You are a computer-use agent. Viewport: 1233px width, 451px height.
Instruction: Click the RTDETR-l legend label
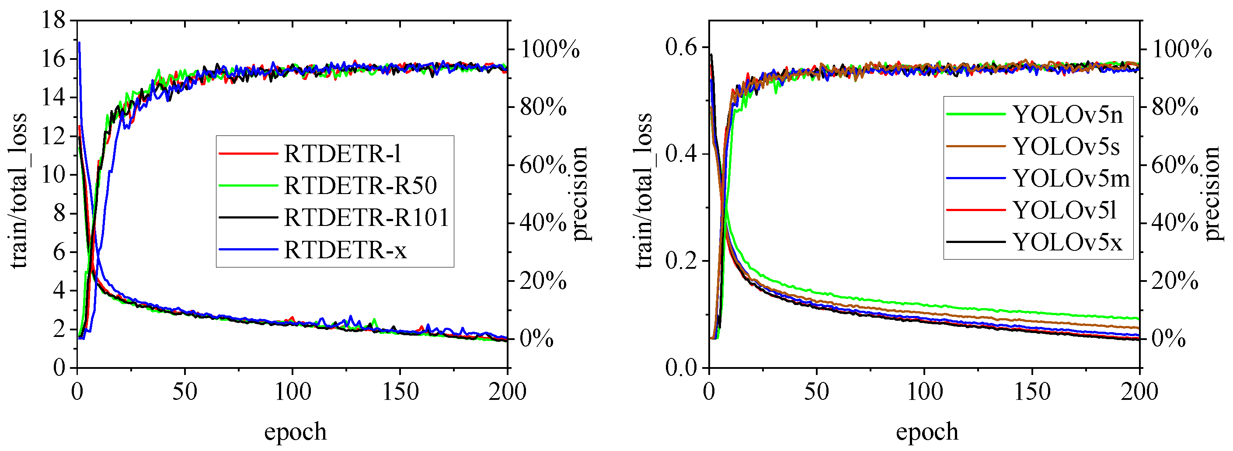click(342, 153)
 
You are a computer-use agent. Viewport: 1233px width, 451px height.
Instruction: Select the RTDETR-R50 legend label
click(360, 186)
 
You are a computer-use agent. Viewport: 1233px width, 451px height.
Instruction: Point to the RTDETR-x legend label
click(345, 250)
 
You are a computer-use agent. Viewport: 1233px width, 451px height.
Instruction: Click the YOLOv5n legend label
click(1067, 114)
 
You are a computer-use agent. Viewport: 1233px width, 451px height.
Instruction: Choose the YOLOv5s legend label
click(1066, 146)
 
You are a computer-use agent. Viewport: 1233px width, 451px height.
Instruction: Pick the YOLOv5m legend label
click(1071, 178)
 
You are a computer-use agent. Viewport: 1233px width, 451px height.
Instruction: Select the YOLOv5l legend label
click(1065, 210)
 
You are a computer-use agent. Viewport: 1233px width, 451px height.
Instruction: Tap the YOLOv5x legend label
click(1067, 243)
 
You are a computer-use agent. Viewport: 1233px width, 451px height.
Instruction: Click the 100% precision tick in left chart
click(550, 49)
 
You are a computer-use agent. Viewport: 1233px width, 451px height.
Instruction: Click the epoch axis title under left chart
click(295, 431)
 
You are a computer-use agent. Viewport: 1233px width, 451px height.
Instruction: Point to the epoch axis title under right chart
click(927, 431)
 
